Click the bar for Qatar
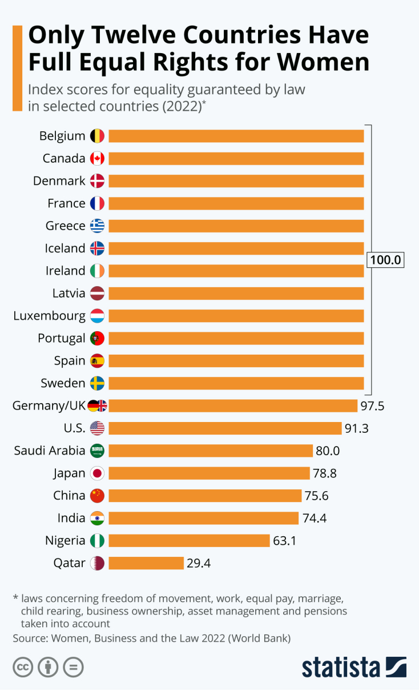pyautogui.click(x=146, y=563)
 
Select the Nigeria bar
pyautogui.click(x=189, y=540)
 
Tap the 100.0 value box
pyautogui.click(x=386, y=260)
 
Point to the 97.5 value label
pyautogui.click(x=373, y=406)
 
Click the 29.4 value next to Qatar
pyautogui.click(x=199, y=564)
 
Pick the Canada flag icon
pyautogui.click(x=97, y=158)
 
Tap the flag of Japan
pyautogui.click(x=97, y=473)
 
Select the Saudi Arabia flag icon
pyautogui.click(x=97, y=451)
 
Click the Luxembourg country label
pyautogui.click(x=50, y=316)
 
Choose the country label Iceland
pyautogui.click(x=65, y=248)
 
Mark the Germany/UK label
pyautogui.click(x=49, y=406)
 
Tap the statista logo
pyautogui.click(x=354, y=667)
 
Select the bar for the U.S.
pyautogui.click(x=225, y=428)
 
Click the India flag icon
pyautogui.click(x=97, y=518)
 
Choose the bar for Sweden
pyautogui.click(x=236, y=383)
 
